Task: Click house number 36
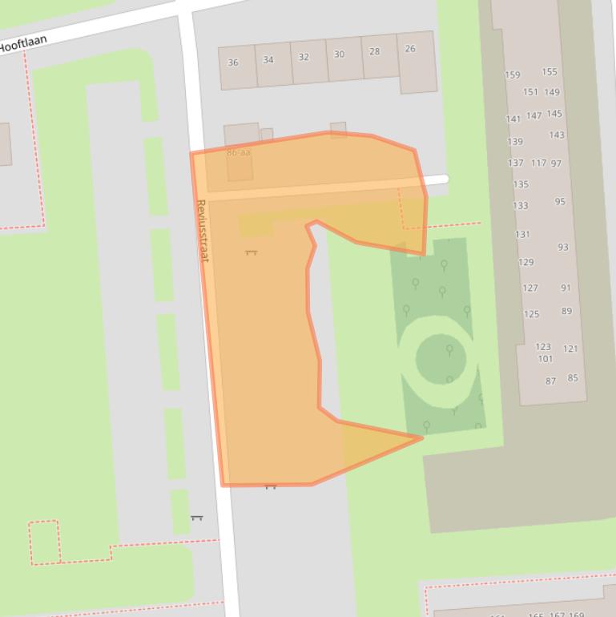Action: (x=233, y=63)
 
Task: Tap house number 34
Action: (x=268, y=60)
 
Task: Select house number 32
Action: (x=304, y=57)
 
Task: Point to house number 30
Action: (x=339, y=54)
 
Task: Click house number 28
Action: (x=375, y=51)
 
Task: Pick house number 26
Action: (x=410, y=49)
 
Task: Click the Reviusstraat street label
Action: (x=202, y=231)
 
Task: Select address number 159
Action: (x=513, y=75)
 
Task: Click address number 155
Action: (x=550, y=72)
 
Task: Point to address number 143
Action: (x=557, y=135)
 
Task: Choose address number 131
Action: (x=522, y=235)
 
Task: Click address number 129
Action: (x=526, y=263)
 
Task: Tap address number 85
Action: (x=573, y=378)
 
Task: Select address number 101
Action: (x=545, y=359)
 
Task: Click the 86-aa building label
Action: (x=238, y=152)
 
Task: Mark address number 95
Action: (x=560, y=202)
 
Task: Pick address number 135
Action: (x=521, y=184)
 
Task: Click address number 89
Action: (x=567, y=311)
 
